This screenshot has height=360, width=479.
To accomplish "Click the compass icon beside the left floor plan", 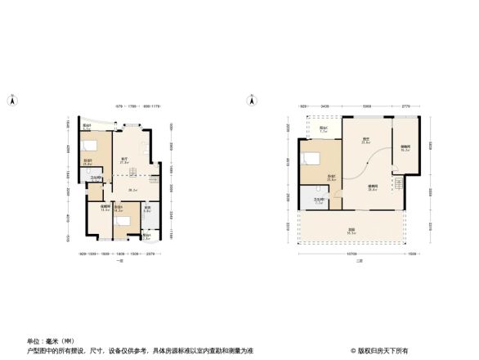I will click(x=12, y=101).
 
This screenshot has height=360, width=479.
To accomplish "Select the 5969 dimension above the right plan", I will click(x=367, y=106).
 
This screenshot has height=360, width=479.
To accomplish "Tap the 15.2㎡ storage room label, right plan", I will click(x=405, y=149).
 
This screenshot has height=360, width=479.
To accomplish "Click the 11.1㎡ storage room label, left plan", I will click(x=104, y=209).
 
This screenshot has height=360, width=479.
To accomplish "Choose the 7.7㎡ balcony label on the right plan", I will click(x=324, y=129).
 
